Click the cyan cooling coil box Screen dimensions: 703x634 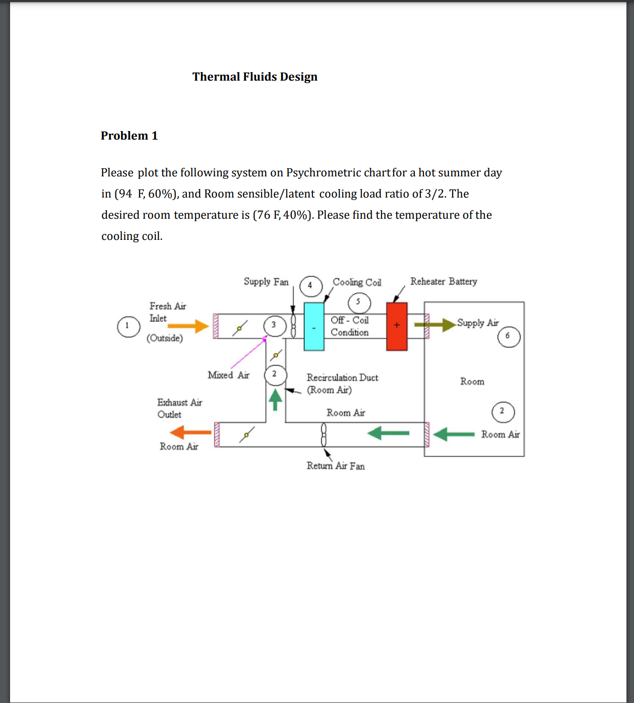point(314,327)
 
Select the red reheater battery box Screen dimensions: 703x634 point(397,326)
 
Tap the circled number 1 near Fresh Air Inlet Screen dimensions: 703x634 point(128,326)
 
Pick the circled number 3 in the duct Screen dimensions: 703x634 point(274,326)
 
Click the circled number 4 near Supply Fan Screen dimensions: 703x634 point(310,286)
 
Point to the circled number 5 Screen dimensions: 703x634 point(359,302)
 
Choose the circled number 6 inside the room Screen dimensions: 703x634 point(508,336)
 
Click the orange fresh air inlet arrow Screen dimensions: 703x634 point(188,326)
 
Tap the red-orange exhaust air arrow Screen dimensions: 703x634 point(191,432)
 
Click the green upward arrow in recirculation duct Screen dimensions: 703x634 point(275,399)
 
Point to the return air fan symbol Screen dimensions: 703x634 point(324,434)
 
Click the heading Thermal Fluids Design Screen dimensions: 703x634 point(255,77)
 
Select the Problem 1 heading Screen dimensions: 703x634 point(129,136)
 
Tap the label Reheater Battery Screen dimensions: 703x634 point(443,281)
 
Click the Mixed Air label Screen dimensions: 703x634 point(228,375)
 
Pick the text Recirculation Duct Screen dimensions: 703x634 point(342,377)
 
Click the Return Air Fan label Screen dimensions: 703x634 point(335,466)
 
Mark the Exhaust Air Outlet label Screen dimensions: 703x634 point(179,408)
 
